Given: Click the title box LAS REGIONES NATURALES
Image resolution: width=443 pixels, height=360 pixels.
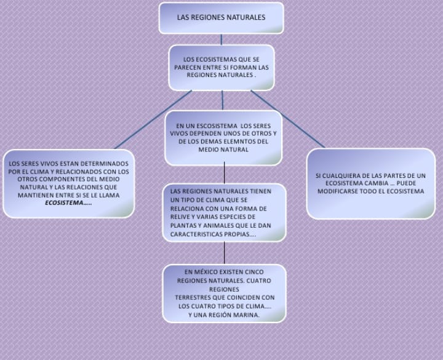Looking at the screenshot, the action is (x=221, y=18).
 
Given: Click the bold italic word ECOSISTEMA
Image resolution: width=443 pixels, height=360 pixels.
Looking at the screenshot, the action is (x=65, y=203).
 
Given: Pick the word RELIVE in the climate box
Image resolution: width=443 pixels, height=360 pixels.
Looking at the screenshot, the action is (x=180, y=217).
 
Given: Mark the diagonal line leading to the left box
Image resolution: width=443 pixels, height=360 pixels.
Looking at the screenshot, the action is (x=153, y=119).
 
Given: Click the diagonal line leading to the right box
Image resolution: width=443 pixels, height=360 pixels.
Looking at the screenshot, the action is (x=288, y=119).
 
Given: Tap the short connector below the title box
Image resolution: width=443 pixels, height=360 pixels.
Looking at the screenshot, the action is (x=221, y=39).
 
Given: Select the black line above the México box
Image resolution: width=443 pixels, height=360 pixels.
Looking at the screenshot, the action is (x=225, y=253).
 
